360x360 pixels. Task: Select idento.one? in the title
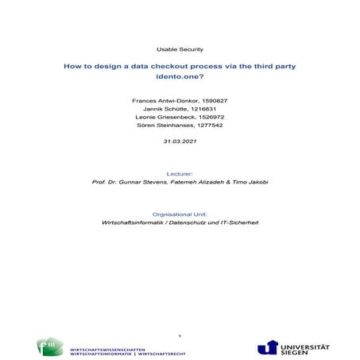180,79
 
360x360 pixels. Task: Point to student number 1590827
212,101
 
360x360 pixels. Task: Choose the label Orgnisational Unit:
180,213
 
